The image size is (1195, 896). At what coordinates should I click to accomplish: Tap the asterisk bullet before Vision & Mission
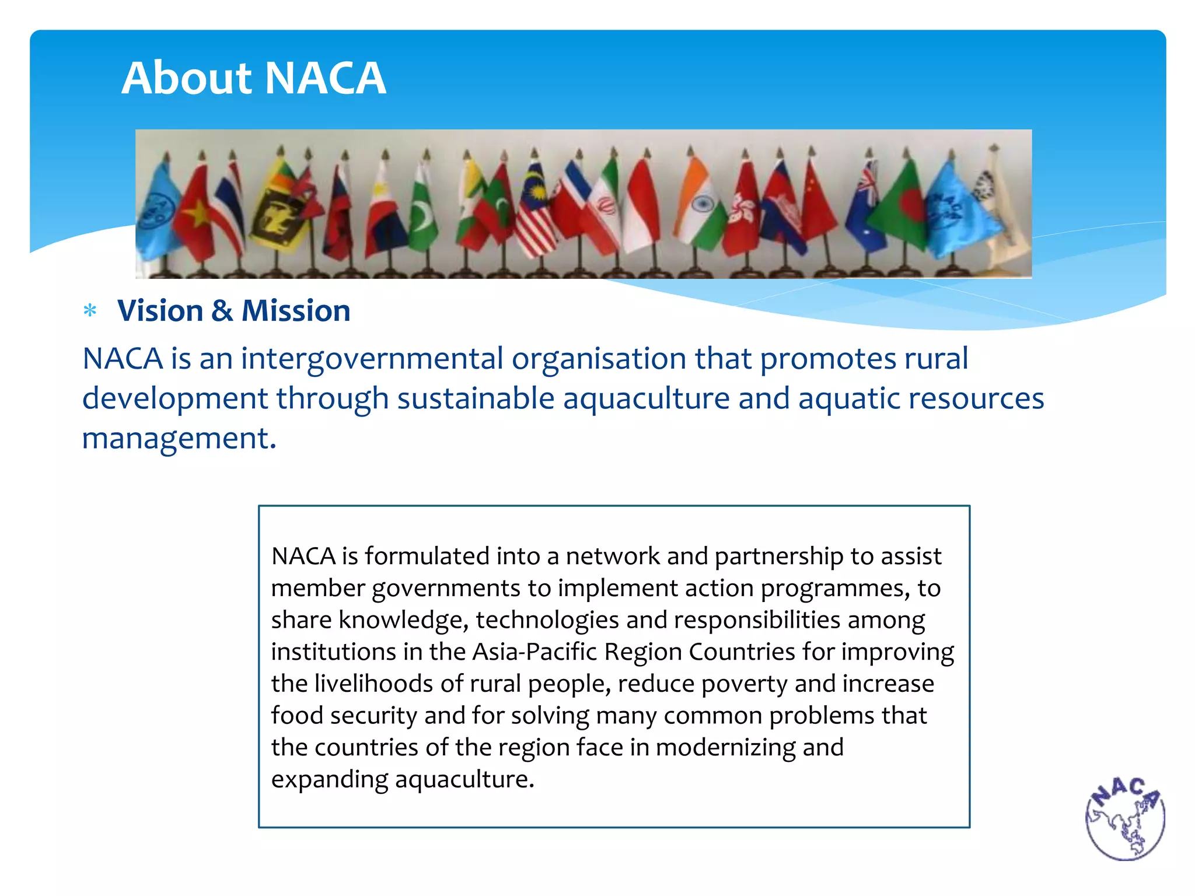click(90, 310)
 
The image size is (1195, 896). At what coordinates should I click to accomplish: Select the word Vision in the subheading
click(160, 310)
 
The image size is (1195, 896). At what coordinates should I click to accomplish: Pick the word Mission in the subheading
click(296, 310)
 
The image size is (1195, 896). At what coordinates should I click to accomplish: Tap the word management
click(178, 438)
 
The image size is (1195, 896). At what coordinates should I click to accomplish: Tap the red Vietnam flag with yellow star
click(194, 213)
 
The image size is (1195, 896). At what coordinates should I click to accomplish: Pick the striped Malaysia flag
click(536, 213)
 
